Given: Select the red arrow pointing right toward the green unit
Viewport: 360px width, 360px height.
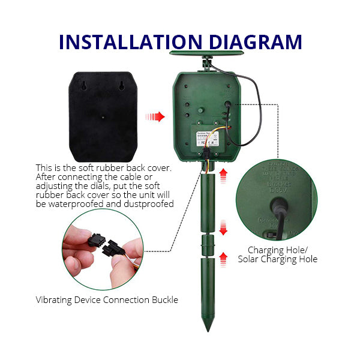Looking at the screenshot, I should pyautogui.click(x=155, y=116).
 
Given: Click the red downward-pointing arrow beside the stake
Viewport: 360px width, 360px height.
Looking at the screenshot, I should pyautogui.click(x=223, y=228).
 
